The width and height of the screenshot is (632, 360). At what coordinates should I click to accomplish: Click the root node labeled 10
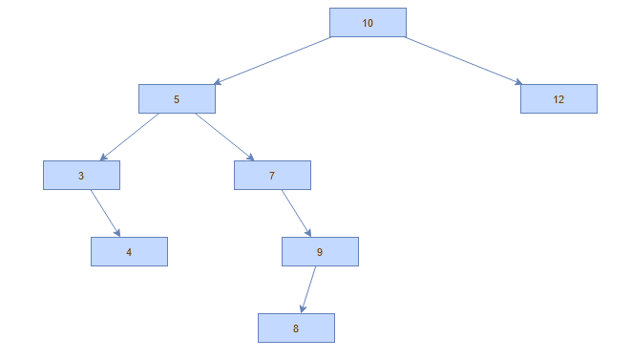click(x=368, y=23)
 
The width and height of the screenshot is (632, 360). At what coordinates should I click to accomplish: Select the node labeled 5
click(x=177, y=99)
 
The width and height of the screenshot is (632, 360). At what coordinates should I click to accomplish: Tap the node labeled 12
click(x=558, y=99)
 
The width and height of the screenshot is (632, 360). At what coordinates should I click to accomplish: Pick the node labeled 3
click(x=81, y=176)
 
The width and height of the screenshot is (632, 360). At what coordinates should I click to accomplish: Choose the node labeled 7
click(x=272, y=176)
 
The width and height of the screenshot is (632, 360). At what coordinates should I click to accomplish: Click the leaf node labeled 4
click(x=129, y=252)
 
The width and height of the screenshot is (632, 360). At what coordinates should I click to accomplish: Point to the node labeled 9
click(x=320, y=252)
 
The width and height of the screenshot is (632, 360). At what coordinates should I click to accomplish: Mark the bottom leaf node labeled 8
click(x=296, y=328)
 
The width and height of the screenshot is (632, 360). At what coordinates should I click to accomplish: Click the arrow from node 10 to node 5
click(x=272, y=61)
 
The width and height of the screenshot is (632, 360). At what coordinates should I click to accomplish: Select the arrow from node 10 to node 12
click(x=463, y=61)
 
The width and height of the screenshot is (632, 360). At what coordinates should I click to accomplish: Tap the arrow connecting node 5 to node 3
click(x=129, y=138)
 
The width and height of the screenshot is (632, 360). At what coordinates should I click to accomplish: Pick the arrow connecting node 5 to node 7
click(x=224, y=138)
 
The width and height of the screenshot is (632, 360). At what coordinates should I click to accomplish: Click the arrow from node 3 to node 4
click(x=105, y=214)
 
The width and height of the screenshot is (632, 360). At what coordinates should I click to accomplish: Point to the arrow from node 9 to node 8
click(x=307, y=290)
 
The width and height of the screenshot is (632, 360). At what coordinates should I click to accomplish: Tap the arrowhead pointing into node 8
click(x=303, y=308)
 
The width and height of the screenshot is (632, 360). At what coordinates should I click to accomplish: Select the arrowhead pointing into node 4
click(x=117, y=233)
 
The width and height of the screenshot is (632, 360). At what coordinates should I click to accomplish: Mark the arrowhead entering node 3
click(x=104, y=158)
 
